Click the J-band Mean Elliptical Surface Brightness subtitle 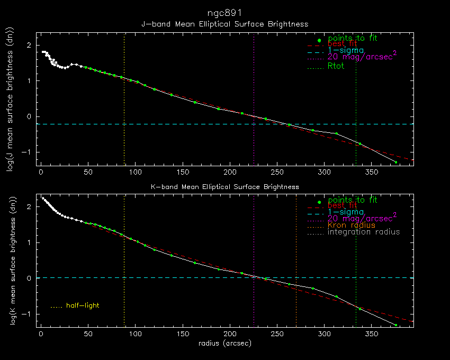[224, 24]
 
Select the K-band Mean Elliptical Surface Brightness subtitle [224, 187]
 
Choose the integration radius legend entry [364, 232]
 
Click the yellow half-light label [83, 305]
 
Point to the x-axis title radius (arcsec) [224, 344]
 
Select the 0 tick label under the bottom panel [41, 335]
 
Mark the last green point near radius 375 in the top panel [395, 162]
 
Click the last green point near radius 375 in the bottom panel [395, 325]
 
